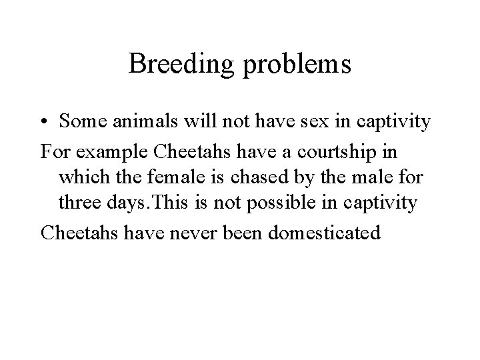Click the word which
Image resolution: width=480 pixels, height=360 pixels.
81,177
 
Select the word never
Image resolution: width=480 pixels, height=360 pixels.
181,233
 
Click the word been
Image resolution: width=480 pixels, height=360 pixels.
229,233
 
